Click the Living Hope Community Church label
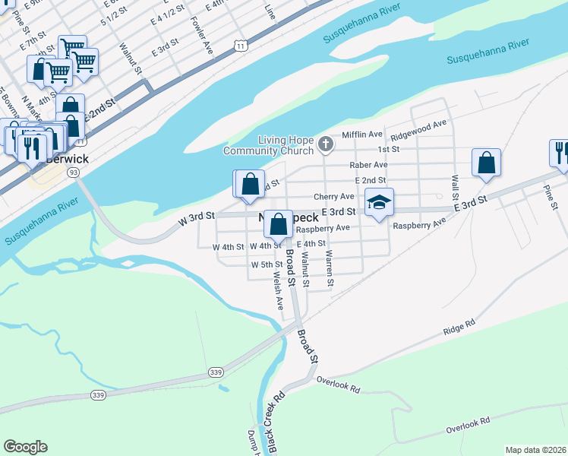(275, 144)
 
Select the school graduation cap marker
(379, 202)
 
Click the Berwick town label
(67, 159)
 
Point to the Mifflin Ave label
(361, 134)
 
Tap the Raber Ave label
(368, 164)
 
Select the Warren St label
(330, 269)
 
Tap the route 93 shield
(73, 173)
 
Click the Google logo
(25, 447)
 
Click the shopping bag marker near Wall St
(486, 163)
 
